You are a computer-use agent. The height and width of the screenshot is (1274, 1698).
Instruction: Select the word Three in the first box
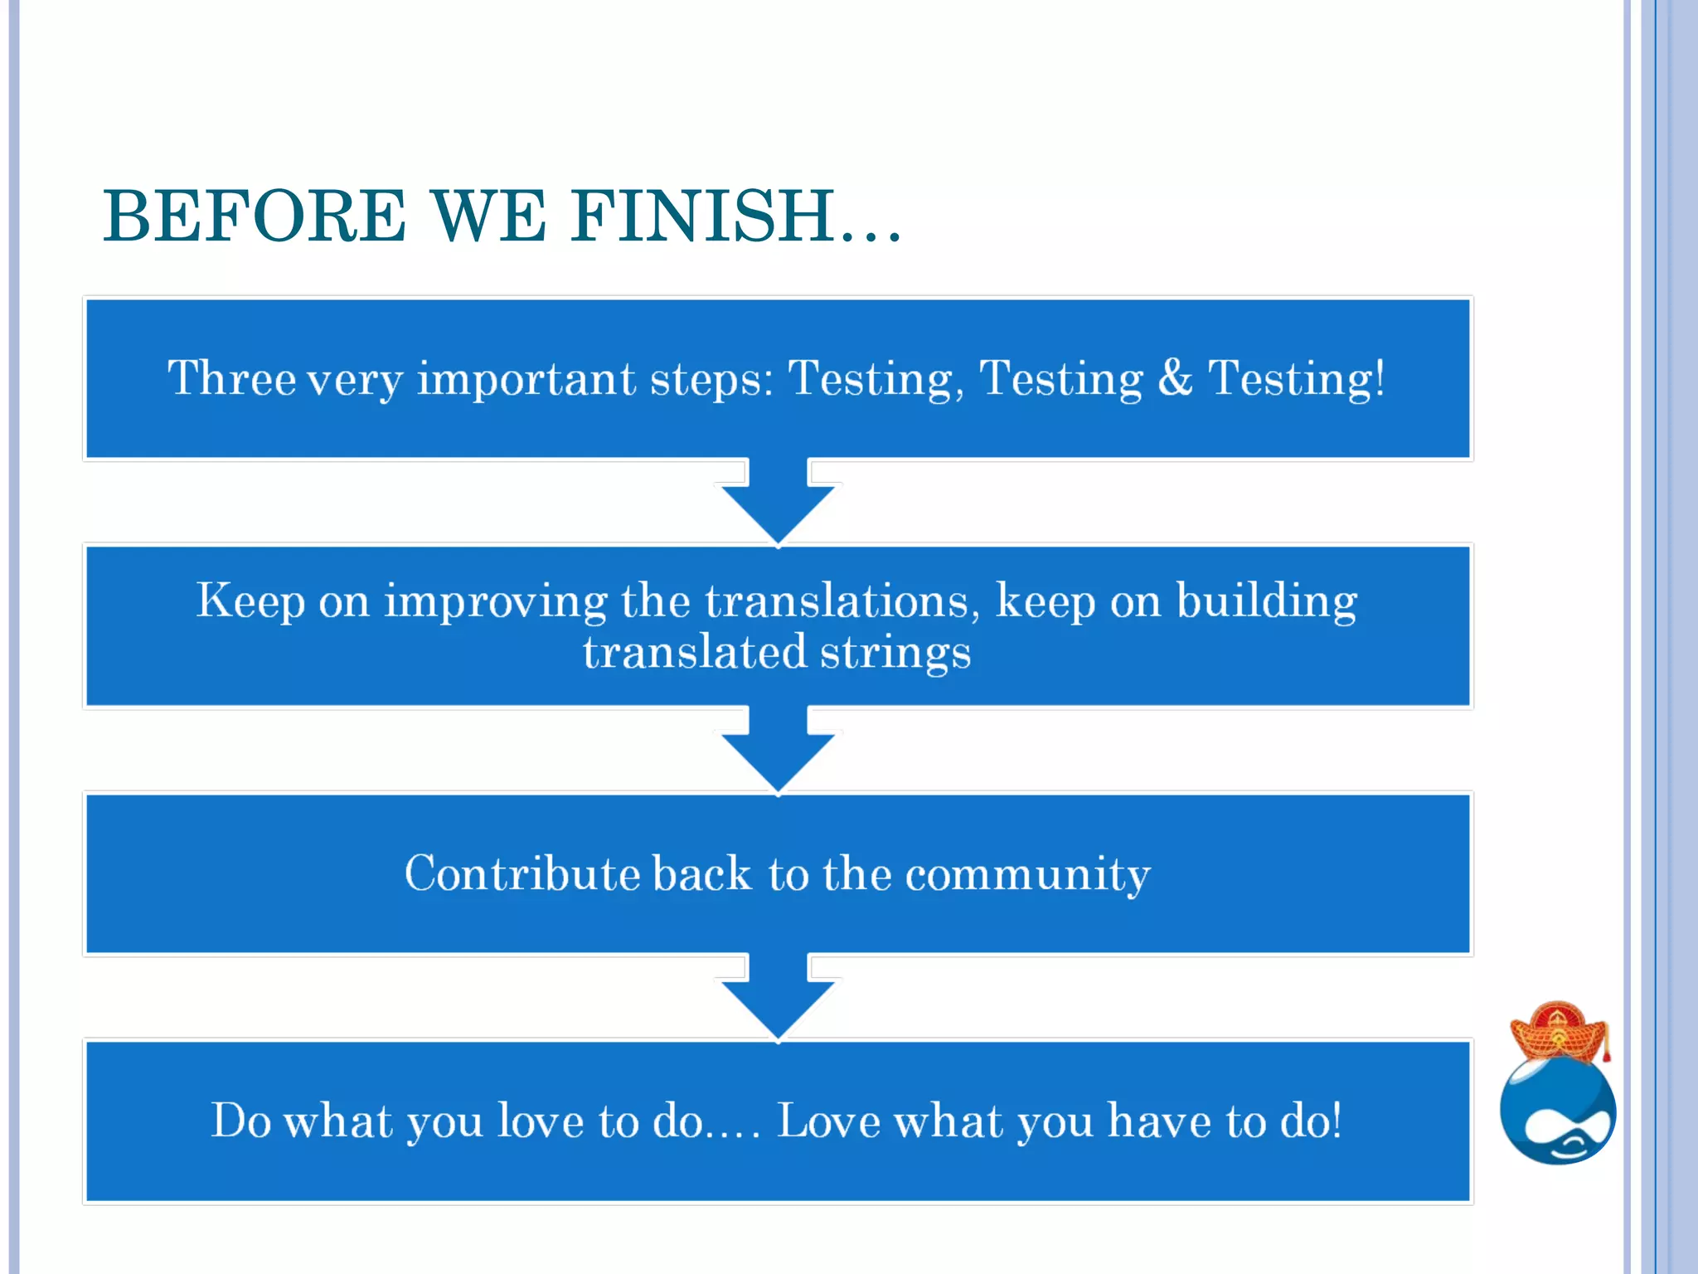coord(231,378)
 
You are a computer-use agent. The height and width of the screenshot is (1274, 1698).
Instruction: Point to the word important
coord(526,380)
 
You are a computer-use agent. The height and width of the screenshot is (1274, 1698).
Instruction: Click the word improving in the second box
coord(495,602)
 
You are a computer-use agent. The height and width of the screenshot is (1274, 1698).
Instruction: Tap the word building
coord(1267,602)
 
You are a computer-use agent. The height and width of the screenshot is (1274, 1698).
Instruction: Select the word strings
coord(895,654)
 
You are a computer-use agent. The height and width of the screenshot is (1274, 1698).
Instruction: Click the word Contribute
coord(522,873)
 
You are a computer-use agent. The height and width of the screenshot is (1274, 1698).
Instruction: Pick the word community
coord(1027,875)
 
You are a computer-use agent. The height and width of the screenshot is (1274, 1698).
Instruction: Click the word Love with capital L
coord(828,1121)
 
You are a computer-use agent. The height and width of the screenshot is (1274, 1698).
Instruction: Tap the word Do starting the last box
coord(240,1121)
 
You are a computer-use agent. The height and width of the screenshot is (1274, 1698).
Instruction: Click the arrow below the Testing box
coord(778,502)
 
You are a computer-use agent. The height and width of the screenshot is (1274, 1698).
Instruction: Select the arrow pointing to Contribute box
coord(778,750)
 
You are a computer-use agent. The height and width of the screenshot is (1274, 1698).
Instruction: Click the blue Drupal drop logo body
coord(1557,1111)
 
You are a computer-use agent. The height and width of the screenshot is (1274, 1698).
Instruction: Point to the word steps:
coord(711,380)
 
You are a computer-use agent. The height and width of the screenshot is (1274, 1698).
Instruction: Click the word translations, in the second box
coord(842,601)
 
